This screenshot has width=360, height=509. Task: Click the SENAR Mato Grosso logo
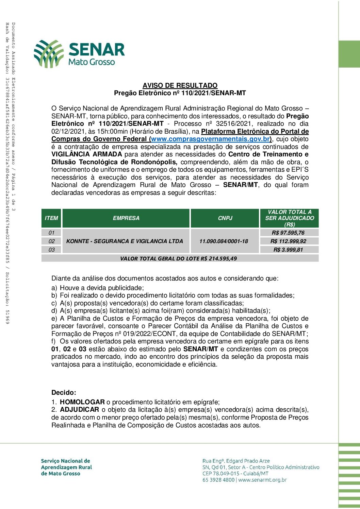coord(79,53)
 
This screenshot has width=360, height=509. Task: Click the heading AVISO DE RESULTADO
coord(180,85)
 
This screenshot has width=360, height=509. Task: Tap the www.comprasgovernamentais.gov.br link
coord(211,139)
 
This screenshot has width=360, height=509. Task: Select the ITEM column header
coord(51,218)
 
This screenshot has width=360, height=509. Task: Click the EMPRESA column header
coord(126,218)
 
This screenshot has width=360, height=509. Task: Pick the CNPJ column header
coord(225,218)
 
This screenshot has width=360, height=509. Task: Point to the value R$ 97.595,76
coord(288,233)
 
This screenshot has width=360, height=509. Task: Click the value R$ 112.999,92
coord(288,241)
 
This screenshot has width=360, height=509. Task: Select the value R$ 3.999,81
coord(288,250)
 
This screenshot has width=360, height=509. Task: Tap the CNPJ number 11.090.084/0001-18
coord(224,241)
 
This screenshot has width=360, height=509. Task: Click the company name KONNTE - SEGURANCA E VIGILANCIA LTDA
coord(125,241)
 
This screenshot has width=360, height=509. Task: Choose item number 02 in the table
coord(51,241)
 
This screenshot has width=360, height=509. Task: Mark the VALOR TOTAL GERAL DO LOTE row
coord(179,258)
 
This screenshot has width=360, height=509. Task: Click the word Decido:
coord(64,392)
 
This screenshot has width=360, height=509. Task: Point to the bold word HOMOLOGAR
coord(82,402)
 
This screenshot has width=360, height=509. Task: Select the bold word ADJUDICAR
coord(79,410)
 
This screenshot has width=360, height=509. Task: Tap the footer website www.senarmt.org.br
coord(262,480)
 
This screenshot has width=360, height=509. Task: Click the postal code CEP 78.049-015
coord(221,473)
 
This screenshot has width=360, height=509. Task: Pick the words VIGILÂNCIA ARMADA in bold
coord(86,154)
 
